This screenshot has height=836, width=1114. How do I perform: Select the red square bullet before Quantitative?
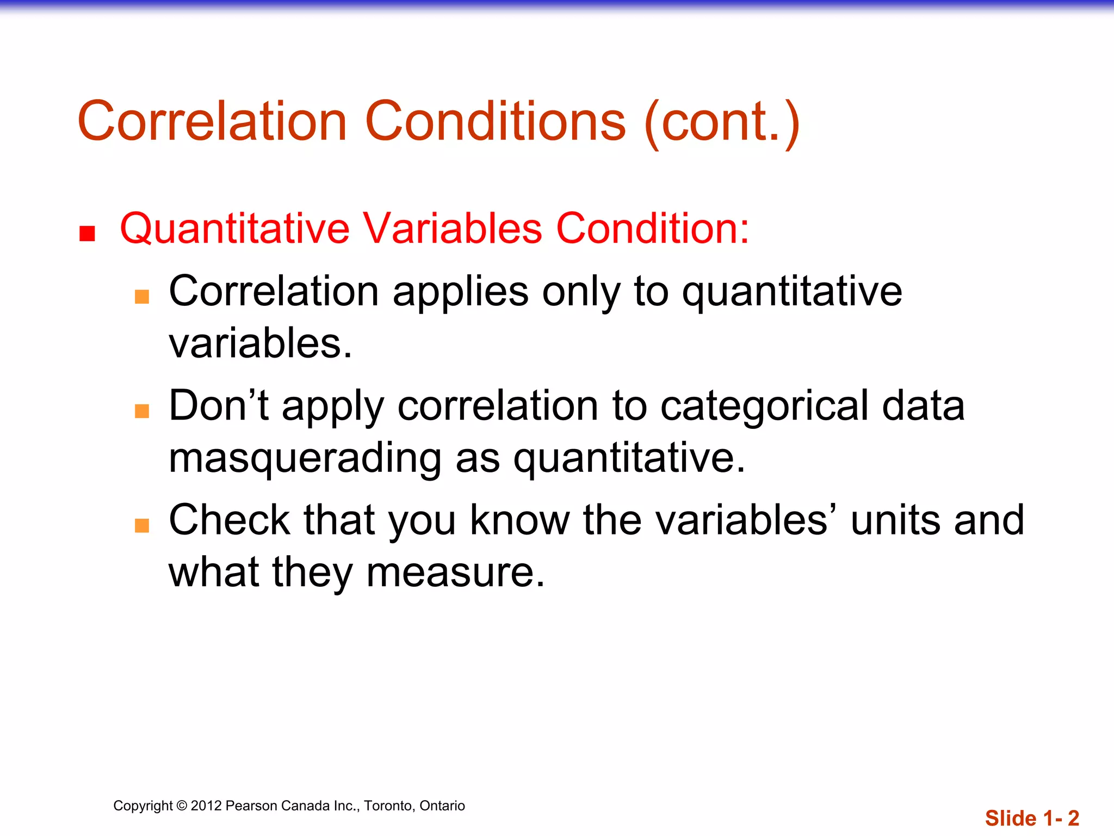[x=87, y=233]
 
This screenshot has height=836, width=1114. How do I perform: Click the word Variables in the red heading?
[x=453, y=228]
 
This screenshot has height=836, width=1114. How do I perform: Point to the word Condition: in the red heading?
[x=652, y=228]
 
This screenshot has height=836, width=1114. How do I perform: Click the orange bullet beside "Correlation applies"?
[x=142, y=297]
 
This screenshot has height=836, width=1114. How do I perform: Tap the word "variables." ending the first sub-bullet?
[x=261, y=343]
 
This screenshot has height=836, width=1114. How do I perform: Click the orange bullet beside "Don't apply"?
[x=142, y=411]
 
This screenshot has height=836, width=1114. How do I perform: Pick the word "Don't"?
[x=219, y=405]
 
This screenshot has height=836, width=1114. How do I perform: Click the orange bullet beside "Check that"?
[x=142, y=525]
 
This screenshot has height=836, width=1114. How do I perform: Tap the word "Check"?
[x=230, y=520]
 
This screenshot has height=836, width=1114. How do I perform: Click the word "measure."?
[x=455, y=573]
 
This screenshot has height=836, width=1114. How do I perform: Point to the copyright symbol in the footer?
[x=182, y=806]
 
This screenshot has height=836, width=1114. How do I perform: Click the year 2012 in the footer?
[x=206, y=806]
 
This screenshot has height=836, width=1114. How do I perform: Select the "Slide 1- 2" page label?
[x=1032, y=818]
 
